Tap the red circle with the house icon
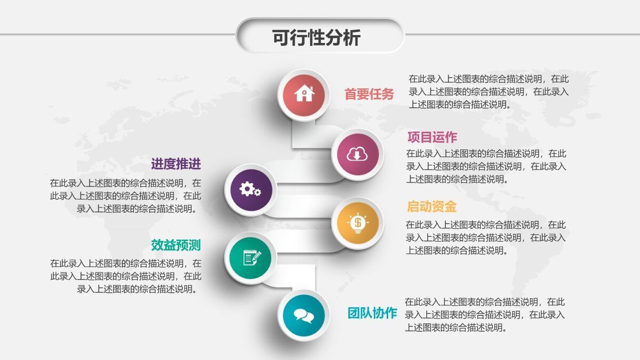(304, 94)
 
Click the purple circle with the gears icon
(250, 189)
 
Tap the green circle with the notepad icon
(251, 258)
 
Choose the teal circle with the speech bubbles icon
(304, 315)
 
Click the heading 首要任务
(369, 94)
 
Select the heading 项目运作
(432, 137)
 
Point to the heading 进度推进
(175, 163)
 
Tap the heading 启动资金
(431, 206)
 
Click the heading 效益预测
(175, 245)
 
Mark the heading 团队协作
(372, 313)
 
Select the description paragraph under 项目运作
(486, 166)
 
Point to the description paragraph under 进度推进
(126, 196)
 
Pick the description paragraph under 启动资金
(486, 237)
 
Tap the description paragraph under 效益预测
(126, 276)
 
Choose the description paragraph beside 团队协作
(485, 315)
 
